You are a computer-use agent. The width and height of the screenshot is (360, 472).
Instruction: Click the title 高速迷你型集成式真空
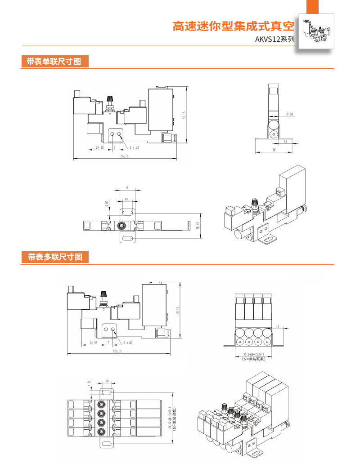pyautogui.click(x=233, y=26)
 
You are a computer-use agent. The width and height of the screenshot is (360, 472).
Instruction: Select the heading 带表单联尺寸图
pyautogui.click(x=54, y=62)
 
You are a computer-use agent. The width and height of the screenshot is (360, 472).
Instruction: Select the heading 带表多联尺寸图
pyautogui.click(x=54, y=257)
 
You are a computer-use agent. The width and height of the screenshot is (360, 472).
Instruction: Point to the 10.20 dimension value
pyautogui.click(x=289, y=114)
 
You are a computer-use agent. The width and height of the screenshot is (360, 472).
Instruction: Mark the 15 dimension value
pyautogui.click(x=127, y=188)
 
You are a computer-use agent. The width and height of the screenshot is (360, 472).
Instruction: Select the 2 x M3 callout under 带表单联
pyautogui.click(x=135, y=147)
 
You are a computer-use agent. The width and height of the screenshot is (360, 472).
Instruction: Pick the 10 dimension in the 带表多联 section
pyautogui.click(x=107, y=381)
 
